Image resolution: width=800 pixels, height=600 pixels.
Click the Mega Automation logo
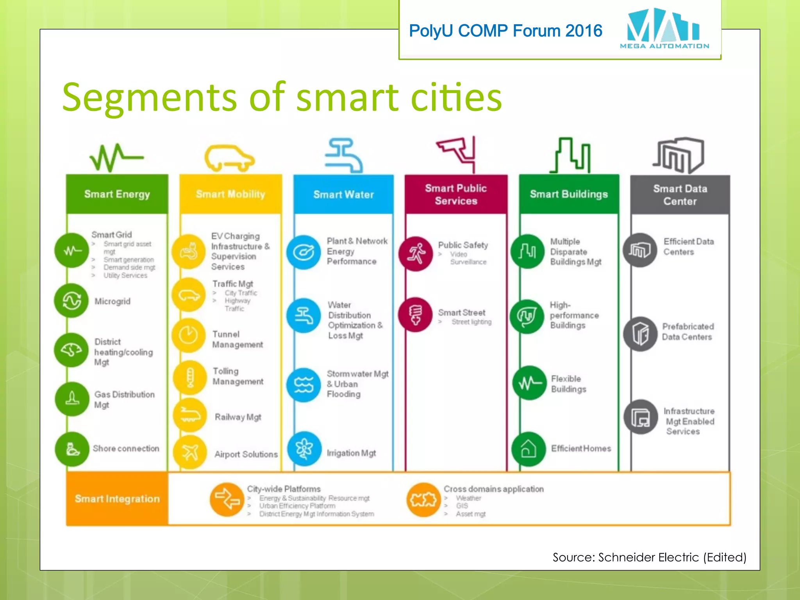point(664,29)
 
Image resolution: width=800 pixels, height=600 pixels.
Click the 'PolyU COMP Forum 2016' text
point(505,31)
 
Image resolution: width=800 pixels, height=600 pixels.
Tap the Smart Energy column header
point(117,194)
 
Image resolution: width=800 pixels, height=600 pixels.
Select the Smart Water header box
point(343,194)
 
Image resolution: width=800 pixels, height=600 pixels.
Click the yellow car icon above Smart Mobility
point(229,158)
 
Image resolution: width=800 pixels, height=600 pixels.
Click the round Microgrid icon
point(72,301)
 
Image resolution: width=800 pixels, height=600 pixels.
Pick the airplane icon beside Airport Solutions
point(190,452)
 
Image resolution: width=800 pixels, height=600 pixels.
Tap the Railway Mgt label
point(238,417)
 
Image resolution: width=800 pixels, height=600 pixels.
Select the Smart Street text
point(462,312)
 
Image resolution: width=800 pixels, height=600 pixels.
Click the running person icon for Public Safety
point(416,254)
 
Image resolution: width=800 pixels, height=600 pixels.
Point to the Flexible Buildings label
point(568,384)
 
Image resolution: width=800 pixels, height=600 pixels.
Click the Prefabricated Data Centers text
point(687,332)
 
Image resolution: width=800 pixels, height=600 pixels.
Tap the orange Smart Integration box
point(117,499)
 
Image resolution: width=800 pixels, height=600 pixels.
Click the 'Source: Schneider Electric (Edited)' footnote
point(649,557)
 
